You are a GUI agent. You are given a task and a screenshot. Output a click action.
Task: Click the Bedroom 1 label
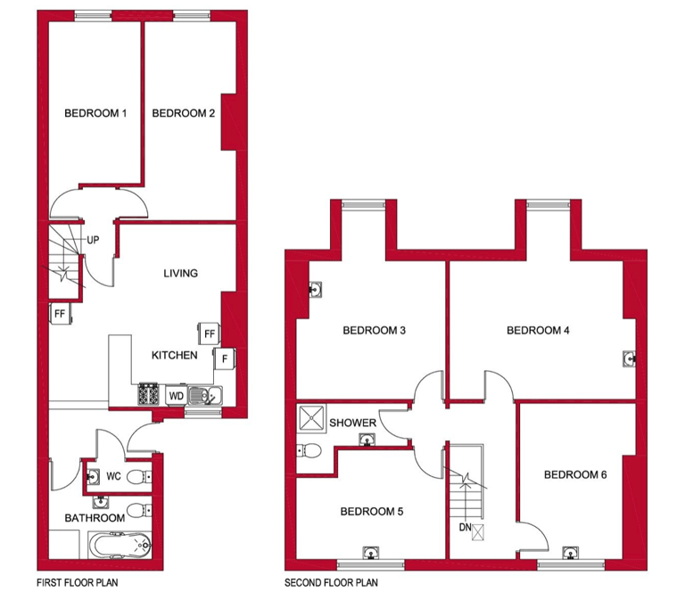(95, 113)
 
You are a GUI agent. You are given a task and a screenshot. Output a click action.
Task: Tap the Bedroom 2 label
(184, 113)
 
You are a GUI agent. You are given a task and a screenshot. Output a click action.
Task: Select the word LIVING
(180, 273)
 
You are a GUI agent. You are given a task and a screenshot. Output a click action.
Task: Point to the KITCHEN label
(174, 355)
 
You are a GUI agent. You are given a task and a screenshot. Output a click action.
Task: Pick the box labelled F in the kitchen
(224, 359)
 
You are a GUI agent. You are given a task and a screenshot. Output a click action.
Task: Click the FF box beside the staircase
(60, 314)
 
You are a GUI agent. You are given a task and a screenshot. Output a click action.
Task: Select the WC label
(113, 476)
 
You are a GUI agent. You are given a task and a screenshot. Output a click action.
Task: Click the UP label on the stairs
(93, 240)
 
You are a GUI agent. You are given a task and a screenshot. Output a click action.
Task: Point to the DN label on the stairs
(465, 528)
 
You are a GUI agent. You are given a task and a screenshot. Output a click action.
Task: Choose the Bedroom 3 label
(375, 331)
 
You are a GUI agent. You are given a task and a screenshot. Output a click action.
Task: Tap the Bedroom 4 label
(538, 331)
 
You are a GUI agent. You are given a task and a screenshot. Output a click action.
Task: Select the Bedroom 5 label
(372, 512)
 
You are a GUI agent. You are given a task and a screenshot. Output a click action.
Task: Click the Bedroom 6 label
(575, 474)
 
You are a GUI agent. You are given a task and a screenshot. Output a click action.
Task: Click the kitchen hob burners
(147, 393)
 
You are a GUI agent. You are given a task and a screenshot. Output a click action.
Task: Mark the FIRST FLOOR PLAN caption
(78, 584)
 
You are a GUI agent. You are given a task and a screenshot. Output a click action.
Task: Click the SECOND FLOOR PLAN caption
(331, 584)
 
